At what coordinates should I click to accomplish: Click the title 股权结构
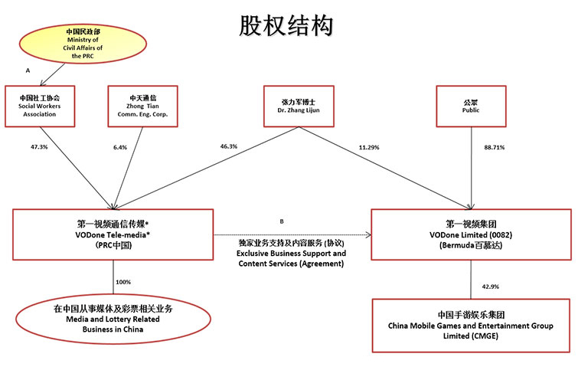click(x=286, y=26)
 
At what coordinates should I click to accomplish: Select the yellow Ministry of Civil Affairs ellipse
click(x=83, y=44)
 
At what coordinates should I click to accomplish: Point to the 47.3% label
click(x=39, y=147)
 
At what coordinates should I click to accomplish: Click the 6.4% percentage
click(x=120, y=147)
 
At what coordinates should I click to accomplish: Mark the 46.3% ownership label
click(x=229, y=146)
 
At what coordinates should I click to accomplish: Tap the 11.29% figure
click(x=369, y=147)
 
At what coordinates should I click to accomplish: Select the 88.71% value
click(x=495, y=147)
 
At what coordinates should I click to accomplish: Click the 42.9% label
click(x=491, y=287)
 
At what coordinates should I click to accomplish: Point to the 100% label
click(x=123, y=282)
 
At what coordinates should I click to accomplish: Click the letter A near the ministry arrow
click(x=28, y=70)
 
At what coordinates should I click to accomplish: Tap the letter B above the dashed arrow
click(x=282, y=221)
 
